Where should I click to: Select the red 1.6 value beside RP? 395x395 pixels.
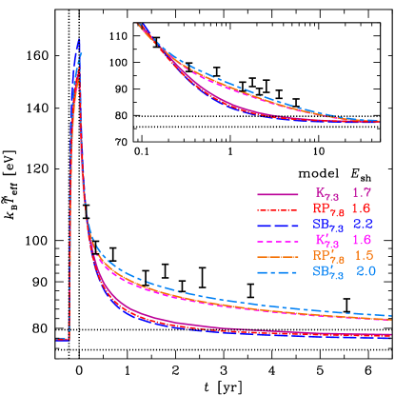(363, 207)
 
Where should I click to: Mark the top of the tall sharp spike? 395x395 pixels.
(79, 40)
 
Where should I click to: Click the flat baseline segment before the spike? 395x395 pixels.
(62, 339)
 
